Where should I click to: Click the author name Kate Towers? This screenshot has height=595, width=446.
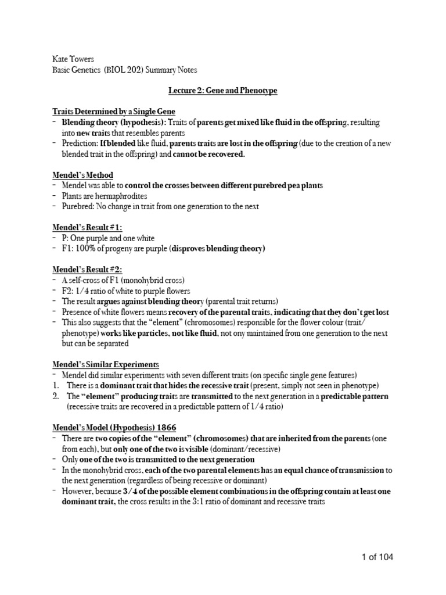[71, 59]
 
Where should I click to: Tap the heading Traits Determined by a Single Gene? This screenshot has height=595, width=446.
[113, 111]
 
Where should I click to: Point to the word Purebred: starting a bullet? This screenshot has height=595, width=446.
[78, 206]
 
